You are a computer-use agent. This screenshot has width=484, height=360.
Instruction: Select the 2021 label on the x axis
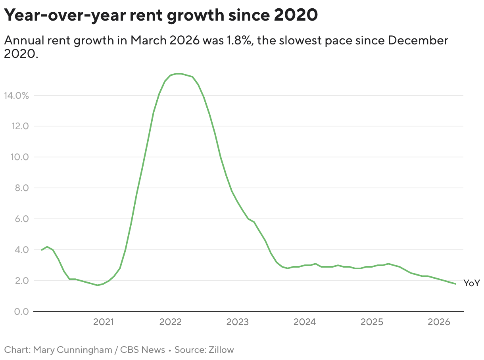click(x=103, y=322)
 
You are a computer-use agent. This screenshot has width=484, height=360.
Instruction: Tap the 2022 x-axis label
click(x=170, y=322)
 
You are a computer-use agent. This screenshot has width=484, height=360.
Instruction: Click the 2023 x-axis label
click(x=237, y=322)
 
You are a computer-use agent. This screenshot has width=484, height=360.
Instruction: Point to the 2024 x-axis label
click(x=304, y=322)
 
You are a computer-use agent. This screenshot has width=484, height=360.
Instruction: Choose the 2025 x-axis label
click(x=371, y=322)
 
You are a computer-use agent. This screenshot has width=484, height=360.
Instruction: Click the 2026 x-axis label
click(x=438, y=322)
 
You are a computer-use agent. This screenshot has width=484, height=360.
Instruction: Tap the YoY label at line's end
click(x=472, y=283)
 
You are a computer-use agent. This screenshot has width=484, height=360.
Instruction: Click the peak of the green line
click(x=178, y=73)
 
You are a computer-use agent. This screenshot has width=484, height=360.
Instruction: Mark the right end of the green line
click(x=455, y=284)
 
